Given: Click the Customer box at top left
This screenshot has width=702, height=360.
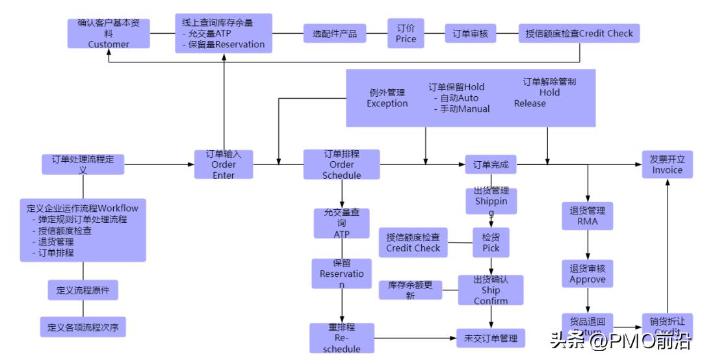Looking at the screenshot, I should tap(109, 33).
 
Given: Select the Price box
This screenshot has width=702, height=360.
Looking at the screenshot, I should tap(406, 33).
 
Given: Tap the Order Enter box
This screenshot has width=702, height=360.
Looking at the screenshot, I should tap(224, 164).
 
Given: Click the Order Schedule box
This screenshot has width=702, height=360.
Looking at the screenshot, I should tap(341, 164).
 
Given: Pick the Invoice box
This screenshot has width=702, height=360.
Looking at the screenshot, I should tap(667, 164).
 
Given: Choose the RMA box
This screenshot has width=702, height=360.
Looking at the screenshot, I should tap(587, 216).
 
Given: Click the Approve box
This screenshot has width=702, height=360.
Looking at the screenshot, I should tap(587, 274).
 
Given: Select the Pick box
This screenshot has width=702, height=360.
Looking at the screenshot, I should tap(491, 242).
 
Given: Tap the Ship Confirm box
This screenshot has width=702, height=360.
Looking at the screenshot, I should tap(491, 290).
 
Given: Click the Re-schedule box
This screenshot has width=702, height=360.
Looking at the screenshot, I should tap(342, 339).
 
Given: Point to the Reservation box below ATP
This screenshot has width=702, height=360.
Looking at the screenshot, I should tap(342, 274).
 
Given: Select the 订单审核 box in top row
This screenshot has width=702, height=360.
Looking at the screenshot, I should tap(471, 33).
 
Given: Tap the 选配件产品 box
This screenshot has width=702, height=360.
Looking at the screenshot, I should tap(335, 33).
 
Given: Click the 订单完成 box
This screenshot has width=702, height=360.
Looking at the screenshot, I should tap(491, 165).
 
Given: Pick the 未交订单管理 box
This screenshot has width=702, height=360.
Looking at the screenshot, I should tap(491, 339).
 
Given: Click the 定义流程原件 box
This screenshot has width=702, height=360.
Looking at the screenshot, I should tap(83, 290).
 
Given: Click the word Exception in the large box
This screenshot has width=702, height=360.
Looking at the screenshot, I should tap(387, 103).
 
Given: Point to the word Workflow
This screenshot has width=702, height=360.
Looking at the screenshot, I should tap(118, 208).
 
